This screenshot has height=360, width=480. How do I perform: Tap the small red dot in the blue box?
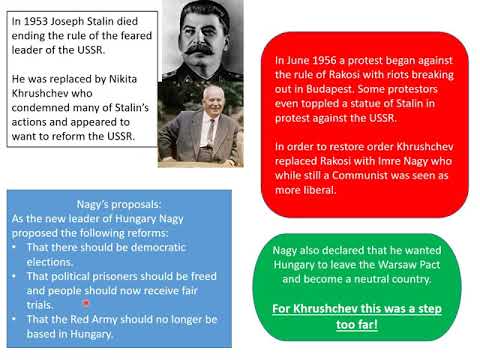(87, 303)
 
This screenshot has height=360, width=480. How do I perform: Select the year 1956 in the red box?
(327, 61)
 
